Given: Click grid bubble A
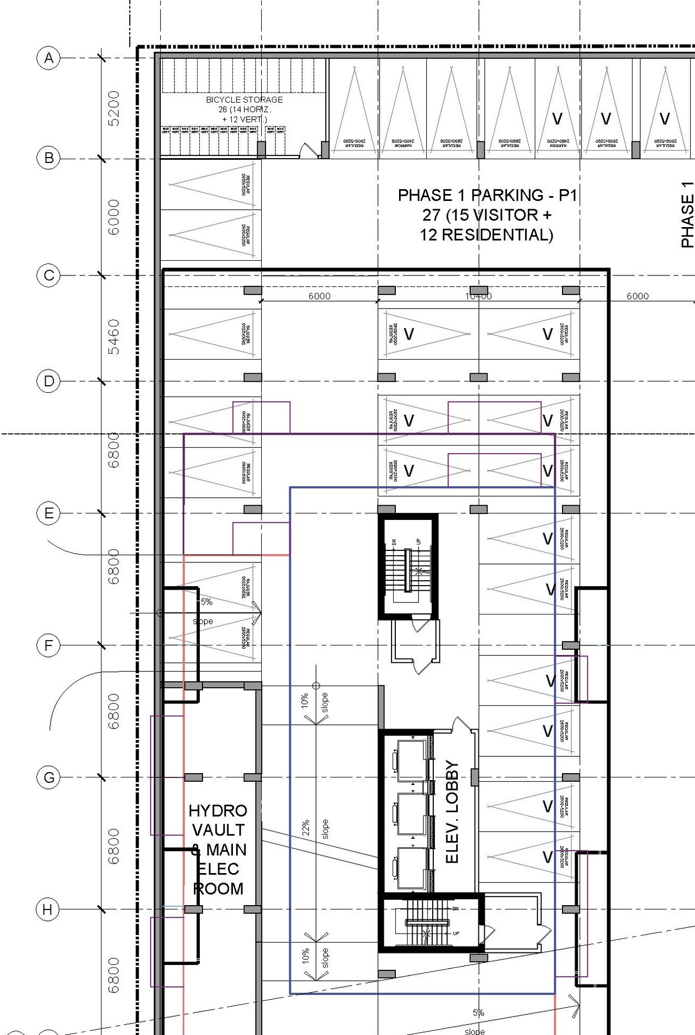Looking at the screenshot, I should pyautogui.click(x=49, y=58).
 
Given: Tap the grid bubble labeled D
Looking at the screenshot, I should pyautogui.click(x=49, y=381).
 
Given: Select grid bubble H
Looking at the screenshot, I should pyautogui.click(x=48, y=909).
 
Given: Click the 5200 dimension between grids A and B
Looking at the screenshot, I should pyautogui.click(x=113, y=108).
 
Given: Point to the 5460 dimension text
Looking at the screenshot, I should pyautogui.click(x=113, y=336).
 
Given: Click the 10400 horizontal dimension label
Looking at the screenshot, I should pyautogui.click(x=478, y=296).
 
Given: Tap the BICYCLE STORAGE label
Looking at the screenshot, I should pyautogui.click(x=244, y=100).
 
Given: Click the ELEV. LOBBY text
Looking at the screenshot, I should pyautogui.click(x=452, y=812).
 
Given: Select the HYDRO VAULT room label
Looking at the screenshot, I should pyautogui.click(x=218, y=820).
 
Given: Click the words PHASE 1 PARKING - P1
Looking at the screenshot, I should pyautogui.click(x=487, y=195).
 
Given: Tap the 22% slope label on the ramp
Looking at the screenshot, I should pyautogui.click(x=306, y=828).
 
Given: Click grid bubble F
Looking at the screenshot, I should pyautogui.click(x=48, y=645).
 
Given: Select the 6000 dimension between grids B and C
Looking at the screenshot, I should pyautogui.click(x=113, y=217).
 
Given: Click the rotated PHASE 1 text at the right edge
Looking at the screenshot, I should pyautogui.click(x=687, y=215).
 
